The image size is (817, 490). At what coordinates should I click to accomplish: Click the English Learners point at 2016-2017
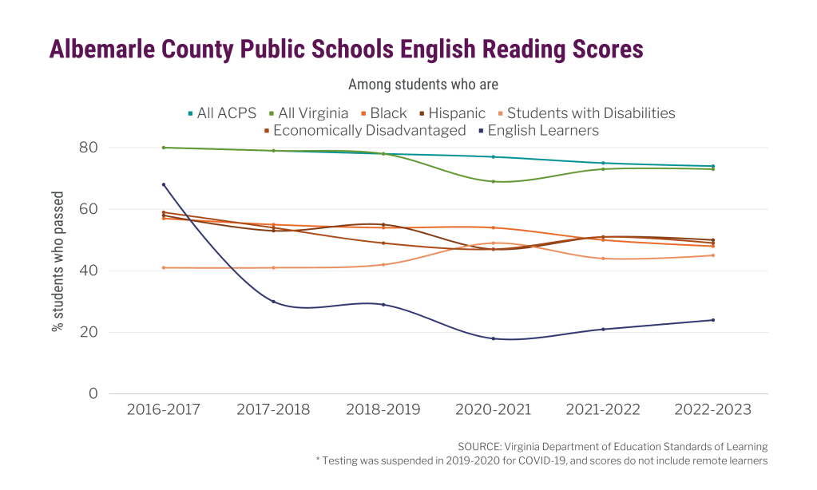[164, 184]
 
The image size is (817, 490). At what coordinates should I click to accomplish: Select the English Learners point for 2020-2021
[493, 338]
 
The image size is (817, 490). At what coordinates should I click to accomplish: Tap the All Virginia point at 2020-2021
[493, 181]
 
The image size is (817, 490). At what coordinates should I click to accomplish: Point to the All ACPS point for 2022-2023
[712, 166]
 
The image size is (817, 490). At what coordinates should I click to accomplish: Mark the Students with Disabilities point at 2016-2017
[164, 267]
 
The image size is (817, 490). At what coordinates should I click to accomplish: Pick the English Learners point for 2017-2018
[273, 302]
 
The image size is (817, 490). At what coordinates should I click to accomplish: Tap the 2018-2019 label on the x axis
[383, 409]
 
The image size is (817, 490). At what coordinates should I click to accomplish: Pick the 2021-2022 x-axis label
[603, 409]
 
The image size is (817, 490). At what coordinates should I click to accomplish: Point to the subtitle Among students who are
[423, 84]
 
